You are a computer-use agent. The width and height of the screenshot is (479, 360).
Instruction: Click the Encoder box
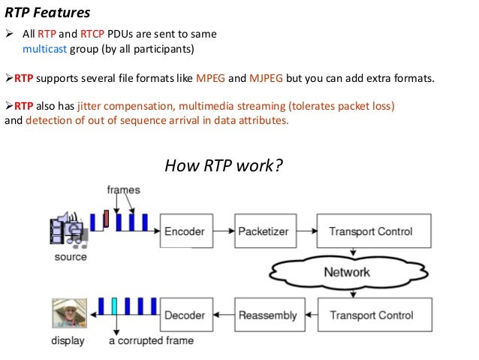185,231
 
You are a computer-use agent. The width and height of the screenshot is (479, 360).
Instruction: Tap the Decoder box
185,315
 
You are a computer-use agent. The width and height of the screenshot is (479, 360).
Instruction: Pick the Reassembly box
267,315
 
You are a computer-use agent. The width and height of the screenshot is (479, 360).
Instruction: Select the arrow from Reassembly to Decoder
223,315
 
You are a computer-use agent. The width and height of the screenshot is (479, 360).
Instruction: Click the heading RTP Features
47,13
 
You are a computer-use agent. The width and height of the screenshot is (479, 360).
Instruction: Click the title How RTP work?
224,164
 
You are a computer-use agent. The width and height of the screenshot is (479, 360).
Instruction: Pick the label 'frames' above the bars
123,190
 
